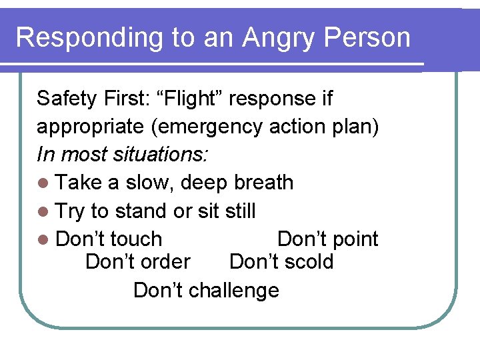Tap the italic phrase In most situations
point(123,155)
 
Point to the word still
point(240,211)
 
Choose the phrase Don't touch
point(109,239)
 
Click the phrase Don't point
point(327,239)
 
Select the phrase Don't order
point(138,261)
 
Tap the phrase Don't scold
point(281,261)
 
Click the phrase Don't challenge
point(206,291)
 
